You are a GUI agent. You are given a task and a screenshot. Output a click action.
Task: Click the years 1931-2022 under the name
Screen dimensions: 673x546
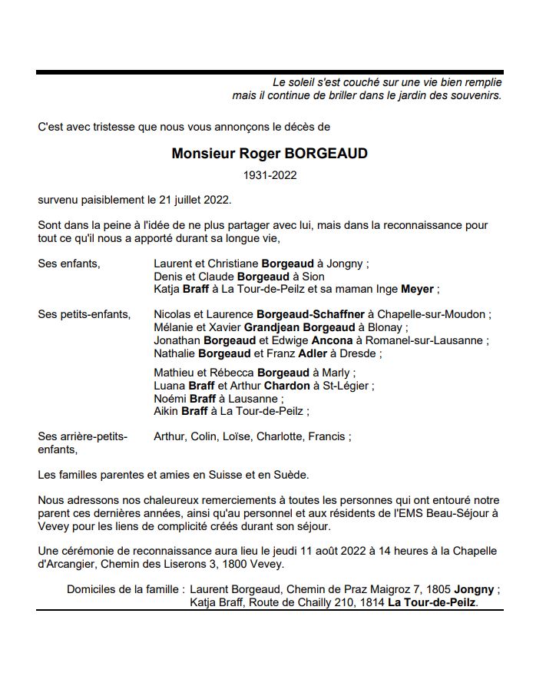270,175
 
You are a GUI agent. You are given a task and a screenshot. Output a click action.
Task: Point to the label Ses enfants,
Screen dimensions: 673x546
69,264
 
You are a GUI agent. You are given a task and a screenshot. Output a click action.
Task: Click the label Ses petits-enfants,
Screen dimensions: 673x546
84,314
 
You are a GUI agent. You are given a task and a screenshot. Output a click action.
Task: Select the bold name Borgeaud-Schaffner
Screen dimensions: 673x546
310,314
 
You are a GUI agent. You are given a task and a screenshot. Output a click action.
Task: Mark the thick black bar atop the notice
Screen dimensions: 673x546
270,73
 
